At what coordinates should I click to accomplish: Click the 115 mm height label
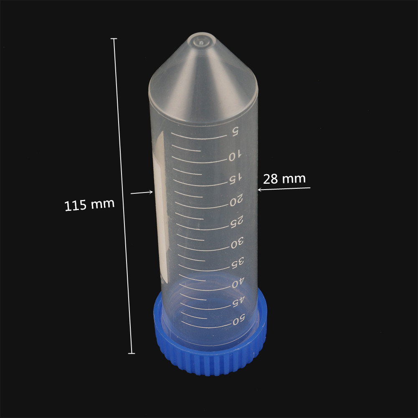pyautogui.click(x=89, y=205)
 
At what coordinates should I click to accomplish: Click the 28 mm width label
pyautogui.click(x=284, y=179)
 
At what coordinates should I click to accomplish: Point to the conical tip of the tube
pyautogui.click(x=201, y=42)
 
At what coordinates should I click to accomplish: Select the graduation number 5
pyautogui.click(x=235, y=132)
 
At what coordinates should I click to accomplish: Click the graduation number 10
pyautogui.click(x=235, y=155)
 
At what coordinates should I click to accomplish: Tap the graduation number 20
pyautogui.click(x=236, y=200)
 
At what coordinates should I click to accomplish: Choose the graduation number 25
pyautogui.click(x=237, y=222)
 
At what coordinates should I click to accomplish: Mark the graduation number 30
pyautogui.click(x=237, y=242)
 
